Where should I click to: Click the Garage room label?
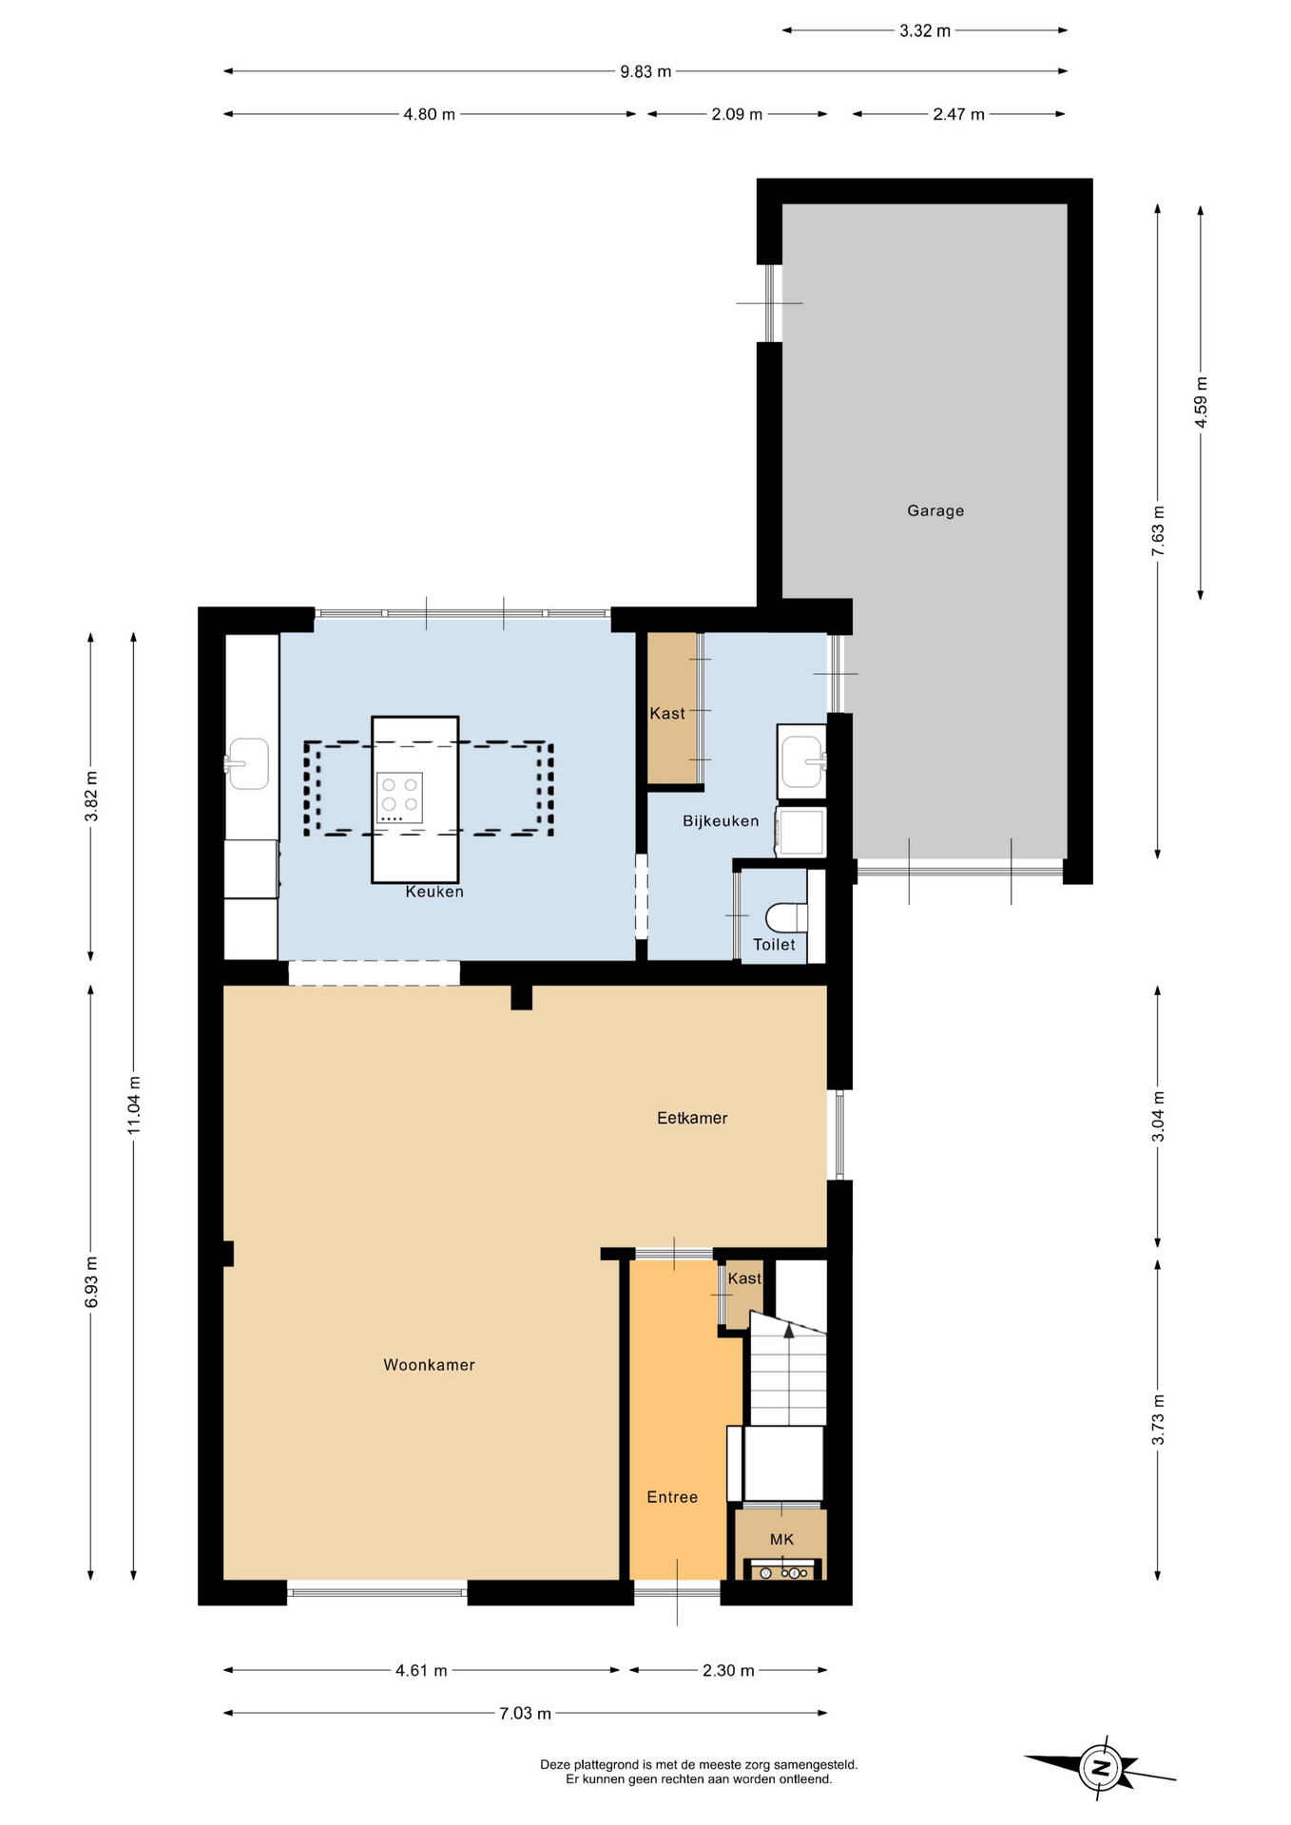pos(935,510)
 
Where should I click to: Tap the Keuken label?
pos(434,892)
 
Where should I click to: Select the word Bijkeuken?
pos(721,821)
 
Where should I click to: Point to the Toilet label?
pos(774,945)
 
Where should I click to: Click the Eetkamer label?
pos(692,1119)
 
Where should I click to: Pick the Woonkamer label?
pos(429,1365)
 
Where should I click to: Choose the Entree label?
pos(672,1497)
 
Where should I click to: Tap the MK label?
pos(781,1540)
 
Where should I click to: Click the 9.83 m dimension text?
pos(645,71)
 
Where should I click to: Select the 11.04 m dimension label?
pos(134,1105)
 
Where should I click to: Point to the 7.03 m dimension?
pos(525,1714)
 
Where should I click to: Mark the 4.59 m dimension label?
pos(1201,402)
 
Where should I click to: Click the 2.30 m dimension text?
pos(728,1671)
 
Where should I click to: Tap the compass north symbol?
pos(1101,1769)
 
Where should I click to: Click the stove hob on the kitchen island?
pos(399,797)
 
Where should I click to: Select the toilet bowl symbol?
pos(786,917)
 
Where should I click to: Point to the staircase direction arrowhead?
pos(788,1331)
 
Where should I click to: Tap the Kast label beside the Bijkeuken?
pos(667,714)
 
